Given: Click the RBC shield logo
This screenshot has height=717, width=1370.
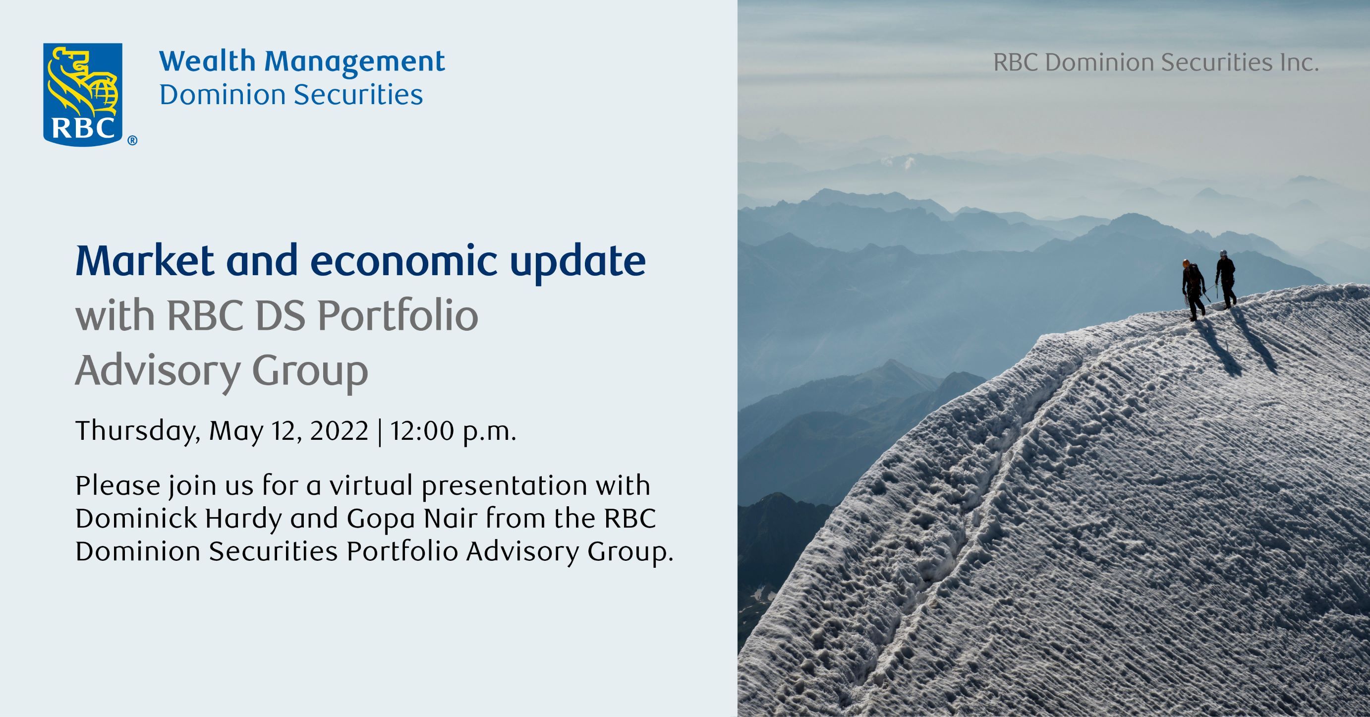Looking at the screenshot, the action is [82, 94].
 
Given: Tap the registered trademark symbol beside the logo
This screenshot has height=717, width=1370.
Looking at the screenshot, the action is [132, 140].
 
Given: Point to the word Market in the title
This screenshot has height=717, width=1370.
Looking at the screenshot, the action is [145, 261].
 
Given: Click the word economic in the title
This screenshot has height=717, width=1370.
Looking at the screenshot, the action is [403, 261].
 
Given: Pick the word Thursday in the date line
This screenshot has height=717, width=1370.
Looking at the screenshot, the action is [138, 431].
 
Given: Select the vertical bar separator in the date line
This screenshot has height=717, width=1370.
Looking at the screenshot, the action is [379, 432].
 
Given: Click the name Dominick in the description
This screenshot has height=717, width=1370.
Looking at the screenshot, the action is [136, 518].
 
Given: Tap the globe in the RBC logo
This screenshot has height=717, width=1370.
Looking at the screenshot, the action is [104, 95].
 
